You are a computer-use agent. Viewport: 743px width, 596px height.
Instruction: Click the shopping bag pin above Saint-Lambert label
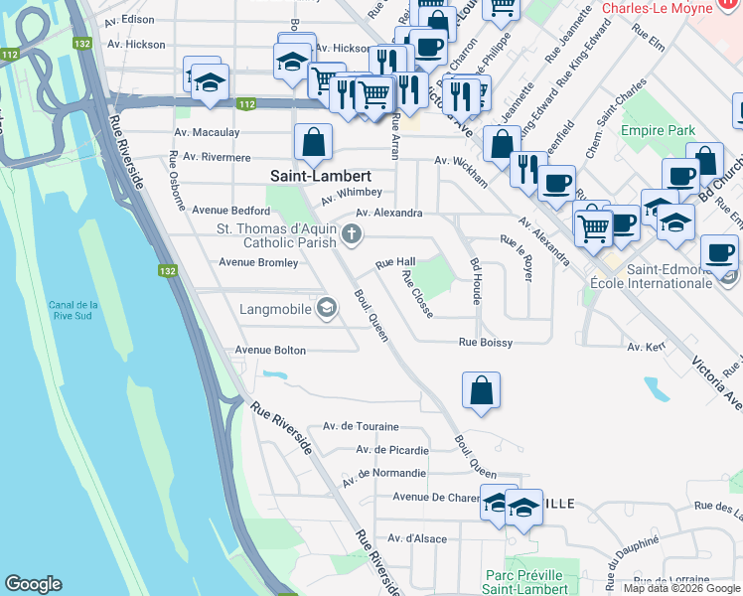coord(313,141)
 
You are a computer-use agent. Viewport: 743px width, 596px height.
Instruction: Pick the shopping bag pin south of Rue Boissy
coord(481,389)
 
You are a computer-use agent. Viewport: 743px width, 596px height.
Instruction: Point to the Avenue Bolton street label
coord(270,351)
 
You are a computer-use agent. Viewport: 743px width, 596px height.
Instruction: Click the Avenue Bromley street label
coord(258,262)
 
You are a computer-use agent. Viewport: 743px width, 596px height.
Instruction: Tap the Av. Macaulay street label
coord(208,132)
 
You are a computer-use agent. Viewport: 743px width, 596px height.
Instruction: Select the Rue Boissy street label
coord(485,343)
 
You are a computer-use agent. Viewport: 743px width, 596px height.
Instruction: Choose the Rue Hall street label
coord(394,262)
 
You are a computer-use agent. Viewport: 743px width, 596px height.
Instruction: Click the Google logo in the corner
coord(33,584)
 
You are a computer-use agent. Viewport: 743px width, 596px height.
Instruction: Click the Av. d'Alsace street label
coord(417,538)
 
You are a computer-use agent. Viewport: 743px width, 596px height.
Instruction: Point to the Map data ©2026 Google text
coord(681,588)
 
